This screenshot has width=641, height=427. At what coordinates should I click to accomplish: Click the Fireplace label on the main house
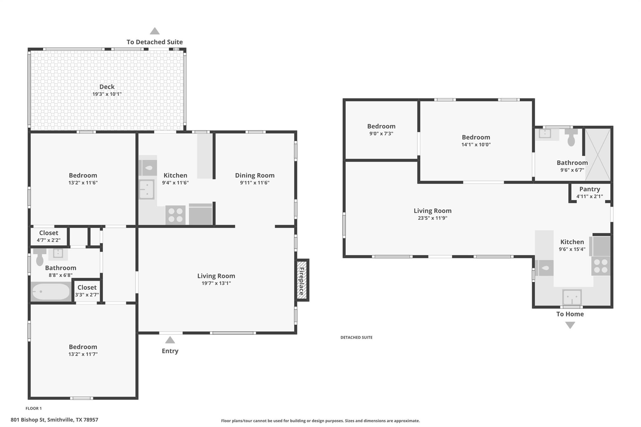[x=302, y=281]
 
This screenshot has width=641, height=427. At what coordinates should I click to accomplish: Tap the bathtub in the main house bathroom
[x=51, y=292]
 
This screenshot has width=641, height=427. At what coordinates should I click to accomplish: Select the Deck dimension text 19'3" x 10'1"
[x=107, y=94]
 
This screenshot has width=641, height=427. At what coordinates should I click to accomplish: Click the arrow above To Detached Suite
[x=155, y=31]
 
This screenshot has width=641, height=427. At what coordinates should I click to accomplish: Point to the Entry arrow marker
[x=170, y=340]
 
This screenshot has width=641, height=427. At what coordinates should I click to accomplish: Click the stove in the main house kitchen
[x=175, y=215]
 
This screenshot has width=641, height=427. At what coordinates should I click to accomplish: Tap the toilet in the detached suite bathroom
[x=571, y=138]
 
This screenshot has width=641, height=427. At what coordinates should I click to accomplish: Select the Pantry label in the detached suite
[x=589, y=189]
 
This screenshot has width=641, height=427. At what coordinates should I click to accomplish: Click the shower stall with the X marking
[x=597, y=155]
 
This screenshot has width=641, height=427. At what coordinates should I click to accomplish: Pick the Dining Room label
[x=254, y=175]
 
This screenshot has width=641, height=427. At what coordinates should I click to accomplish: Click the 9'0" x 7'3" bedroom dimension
[x=381, y=134]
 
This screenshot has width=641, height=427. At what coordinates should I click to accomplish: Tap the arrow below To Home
[x=570, y=325]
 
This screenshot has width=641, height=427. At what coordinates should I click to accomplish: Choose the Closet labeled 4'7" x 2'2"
[x=49, y=236]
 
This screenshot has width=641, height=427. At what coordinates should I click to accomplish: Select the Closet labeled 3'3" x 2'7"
[x=87, y=291]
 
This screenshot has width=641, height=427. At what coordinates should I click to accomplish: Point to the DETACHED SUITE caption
[x=356, y=337]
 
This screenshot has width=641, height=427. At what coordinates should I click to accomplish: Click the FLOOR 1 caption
[x=33, y=408]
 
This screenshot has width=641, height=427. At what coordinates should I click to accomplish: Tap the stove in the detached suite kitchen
[x=601, y=266]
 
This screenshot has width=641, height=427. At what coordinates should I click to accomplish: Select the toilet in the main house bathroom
[x=40, y=258]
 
